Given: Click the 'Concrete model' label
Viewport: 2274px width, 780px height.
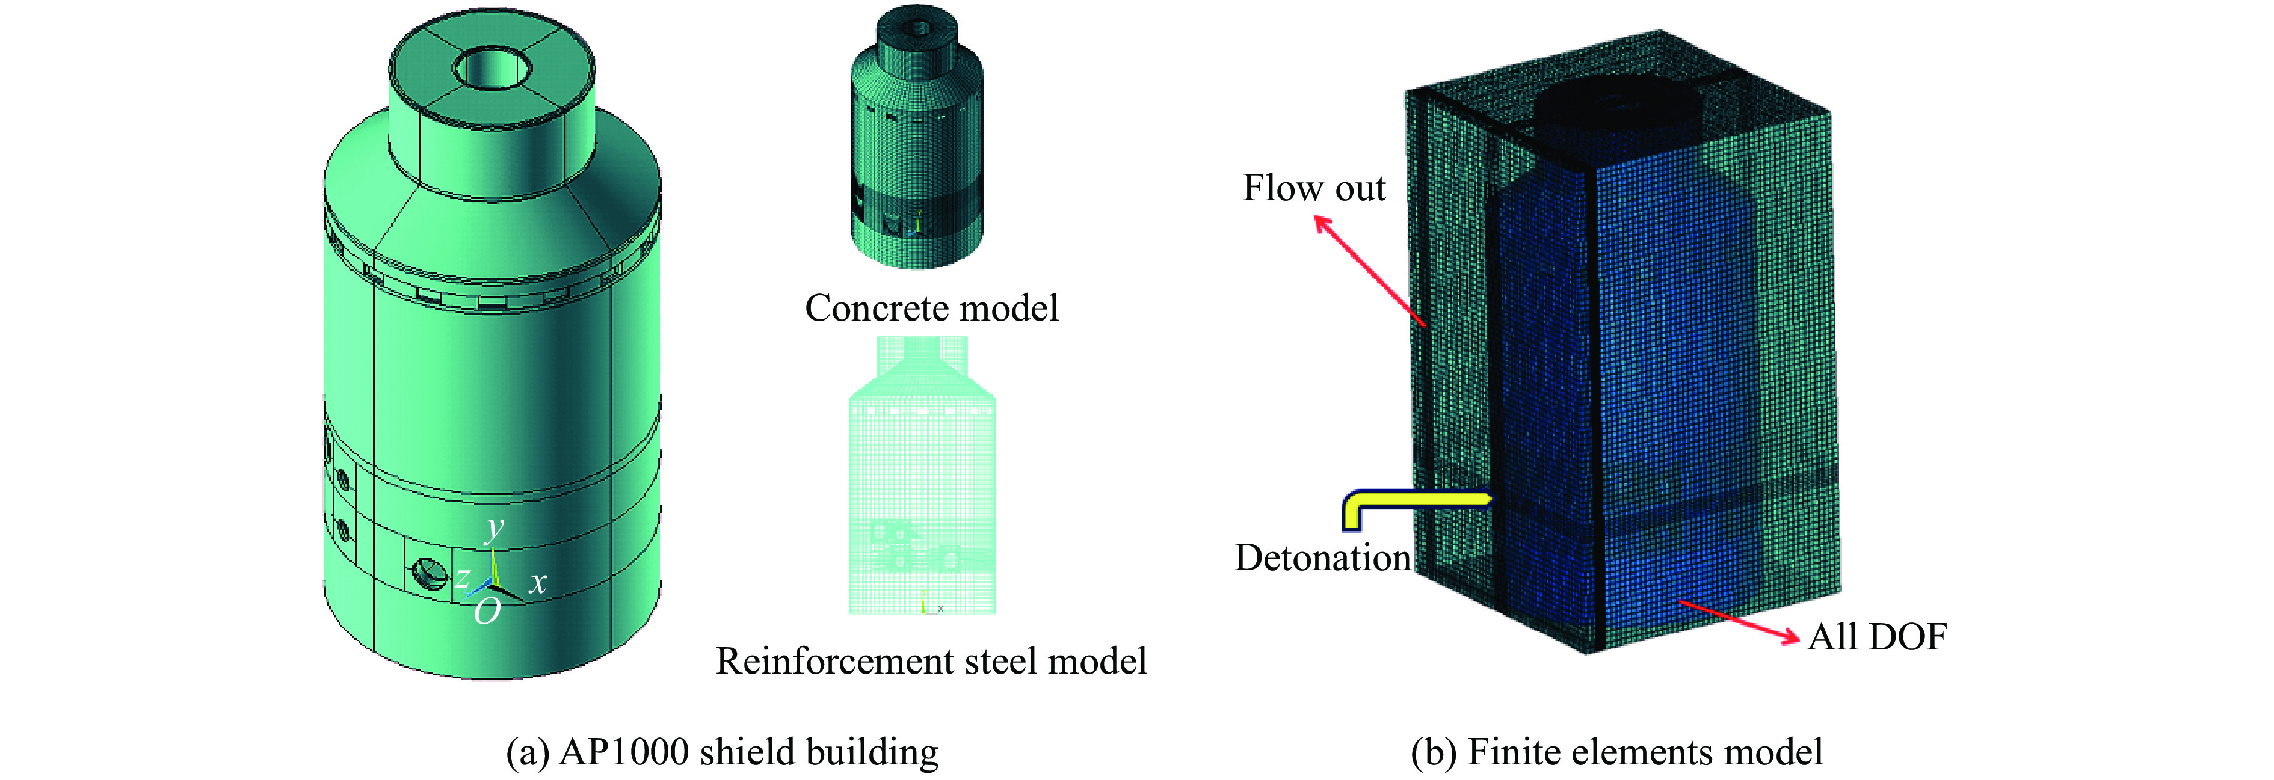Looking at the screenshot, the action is click(x=931, y=308).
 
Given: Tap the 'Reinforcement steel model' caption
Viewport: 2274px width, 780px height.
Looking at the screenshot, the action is click(x=931, y=661).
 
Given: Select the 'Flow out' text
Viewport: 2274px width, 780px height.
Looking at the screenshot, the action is click(x=1314, y=188).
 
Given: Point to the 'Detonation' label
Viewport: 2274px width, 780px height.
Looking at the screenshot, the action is click(x=1322, y=557).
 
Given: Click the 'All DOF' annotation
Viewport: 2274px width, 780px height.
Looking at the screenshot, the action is click(x=1878, y=636).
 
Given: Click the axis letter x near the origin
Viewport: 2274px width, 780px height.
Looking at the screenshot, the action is click(x=538, y=582).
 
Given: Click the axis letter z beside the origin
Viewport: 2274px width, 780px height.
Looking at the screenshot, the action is click(x=463, y=578).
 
